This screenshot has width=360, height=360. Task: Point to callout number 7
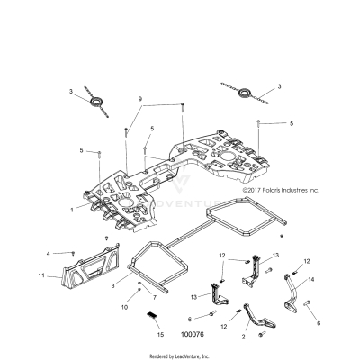click(154, 296)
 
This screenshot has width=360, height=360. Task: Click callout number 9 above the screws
click(140, 97)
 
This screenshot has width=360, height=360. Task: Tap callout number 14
click(312, 280)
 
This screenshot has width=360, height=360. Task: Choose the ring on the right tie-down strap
click(245, 91)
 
